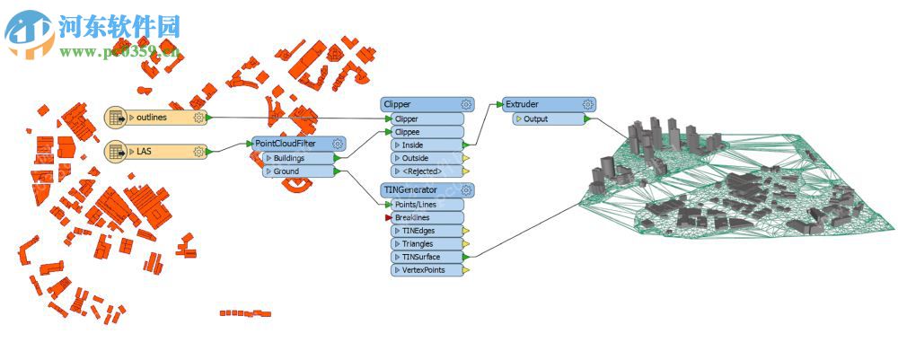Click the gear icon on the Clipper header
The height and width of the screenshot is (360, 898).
tap(466, 105)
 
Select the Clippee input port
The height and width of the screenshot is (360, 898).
tap(427, 131)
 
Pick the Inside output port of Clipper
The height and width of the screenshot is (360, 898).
tap(428, 145)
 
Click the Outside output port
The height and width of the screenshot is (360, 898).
tap(428, 158)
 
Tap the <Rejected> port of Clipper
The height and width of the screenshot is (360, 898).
tap(428, 171)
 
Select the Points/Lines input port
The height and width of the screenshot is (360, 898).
tap(427, 205)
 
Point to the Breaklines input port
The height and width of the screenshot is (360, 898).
tap(427, 217)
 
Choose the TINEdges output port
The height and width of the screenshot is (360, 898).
tap(428, 231)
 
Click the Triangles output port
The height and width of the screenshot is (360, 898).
tap(428, 243)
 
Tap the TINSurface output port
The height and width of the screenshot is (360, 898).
tap(428, 257)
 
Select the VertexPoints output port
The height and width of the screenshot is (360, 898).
tap(428, 269)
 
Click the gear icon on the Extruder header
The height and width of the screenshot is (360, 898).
tap(587, 105)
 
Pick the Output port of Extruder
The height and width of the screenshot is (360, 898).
tap(549, 119)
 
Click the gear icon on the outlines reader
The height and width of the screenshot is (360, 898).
tap(198, 118)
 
